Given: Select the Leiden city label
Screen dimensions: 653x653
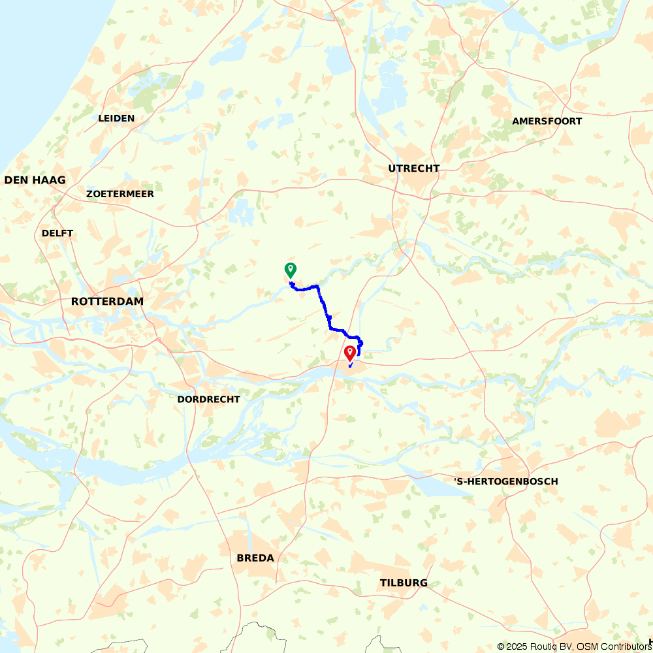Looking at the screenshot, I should click(116, 118).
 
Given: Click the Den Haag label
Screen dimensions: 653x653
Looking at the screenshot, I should click(35, 180).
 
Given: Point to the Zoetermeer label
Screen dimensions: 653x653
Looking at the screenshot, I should click(120, 194).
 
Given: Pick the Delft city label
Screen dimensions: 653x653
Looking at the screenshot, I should click(57, 233).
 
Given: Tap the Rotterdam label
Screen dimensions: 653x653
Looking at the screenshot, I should click(107, 302).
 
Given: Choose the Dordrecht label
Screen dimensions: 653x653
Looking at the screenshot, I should click(209, 399).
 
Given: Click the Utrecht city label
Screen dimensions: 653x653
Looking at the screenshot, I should click(414, 168).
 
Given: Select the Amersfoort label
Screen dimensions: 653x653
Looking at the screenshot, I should click(547, 121).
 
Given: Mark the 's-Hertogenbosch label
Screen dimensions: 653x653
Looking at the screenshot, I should click(506, 481).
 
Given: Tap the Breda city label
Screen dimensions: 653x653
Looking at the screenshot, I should click(255, 558).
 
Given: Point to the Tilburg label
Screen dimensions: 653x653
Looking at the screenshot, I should click(404, 583).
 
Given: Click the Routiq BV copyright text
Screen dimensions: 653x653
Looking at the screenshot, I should click(549, 646).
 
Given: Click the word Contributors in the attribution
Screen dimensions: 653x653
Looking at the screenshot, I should click(624, 646).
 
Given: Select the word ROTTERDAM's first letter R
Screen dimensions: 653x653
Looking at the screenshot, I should click(75, 302).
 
